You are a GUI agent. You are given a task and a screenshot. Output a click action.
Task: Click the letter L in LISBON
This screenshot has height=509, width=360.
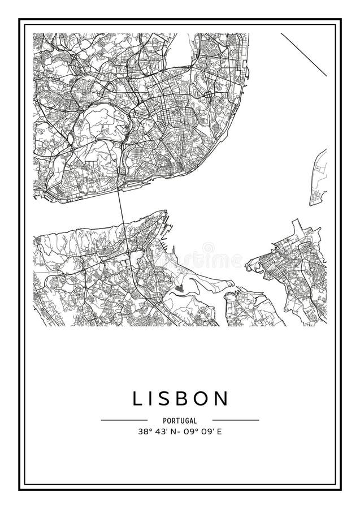click(137, 399)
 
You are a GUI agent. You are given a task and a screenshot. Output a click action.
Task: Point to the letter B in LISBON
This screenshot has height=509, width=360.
click(188, 399)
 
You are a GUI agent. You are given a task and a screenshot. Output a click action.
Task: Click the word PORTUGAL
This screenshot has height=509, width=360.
click(180, 421)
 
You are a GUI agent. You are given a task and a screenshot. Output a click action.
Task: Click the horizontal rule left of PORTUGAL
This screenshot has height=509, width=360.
click(124, 420)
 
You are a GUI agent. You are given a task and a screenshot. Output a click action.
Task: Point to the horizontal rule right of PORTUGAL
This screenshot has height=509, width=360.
click(235, 420)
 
